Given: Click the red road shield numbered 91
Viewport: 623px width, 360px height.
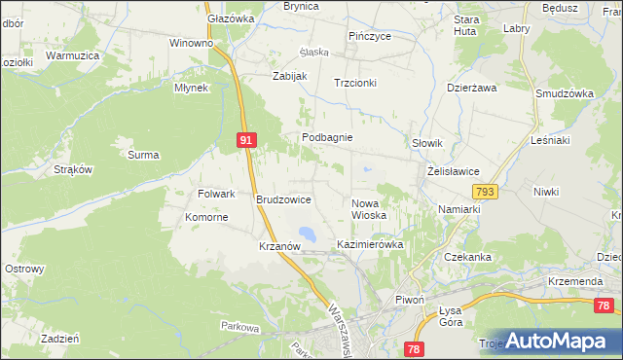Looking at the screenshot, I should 246,141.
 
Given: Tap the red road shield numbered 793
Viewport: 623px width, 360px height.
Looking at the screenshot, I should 486,192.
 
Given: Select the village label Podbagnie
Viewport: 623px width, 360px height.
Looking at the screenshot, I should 326,138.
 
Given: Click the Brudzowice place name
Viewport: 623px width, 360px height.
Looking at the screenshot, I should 283,199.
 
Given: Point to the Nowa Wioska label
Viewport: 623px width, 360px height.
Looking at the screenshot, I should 369,208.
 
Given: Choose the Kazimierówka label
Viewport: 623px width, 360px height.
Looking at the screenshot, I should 370,244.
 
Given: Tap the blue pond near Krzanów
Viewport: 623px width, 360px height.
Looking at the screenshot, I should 307,234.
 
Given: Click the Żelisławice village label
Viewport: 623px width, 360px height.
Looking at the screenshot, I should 453,171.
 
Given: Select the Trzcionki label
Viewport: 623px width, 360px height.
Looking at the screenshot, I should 354,84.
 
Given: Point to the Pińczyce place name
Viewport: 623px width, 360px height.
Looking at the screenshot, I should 370,36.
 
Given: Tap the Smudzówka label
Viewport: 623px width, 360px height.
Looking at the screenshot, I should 564,93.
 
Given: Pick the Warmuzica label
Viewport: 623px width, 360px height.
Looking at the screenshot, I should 73,56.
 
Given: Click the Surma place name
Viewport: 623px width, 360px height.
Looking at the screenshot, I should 143,155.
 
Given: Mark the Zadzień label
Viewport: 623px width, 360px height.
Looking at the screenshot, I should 60,339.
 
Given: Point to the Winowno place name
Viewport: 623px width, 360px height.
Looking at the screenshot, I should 191,44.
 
